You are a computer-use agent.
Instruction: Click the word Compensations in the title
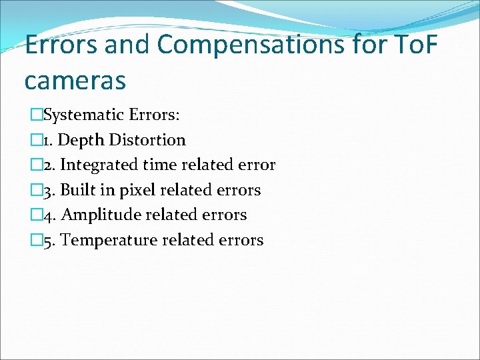coord(252,46)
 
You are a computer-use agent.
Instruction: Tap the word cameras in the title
coord(75,80)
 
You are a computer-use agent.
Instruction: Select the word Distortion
coord(147,140)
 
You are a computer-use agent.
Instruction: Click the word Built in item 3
coord(79,190)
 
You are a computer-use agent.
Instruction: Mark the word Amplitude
coord(98,215)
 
